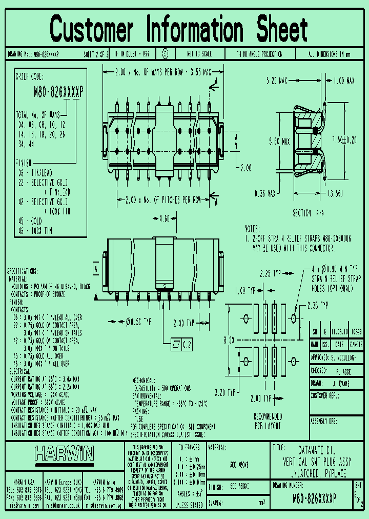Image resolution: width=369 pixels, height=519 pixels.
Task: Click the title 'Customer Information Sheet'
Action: click(x=179, y=29)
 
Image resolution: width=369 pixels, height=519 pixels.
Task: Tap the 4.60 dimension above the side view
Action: click(x=165, y=219)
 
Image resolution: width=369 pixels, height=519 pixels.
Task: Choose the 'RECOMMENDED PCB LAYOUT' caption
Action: click(x=268, y=421)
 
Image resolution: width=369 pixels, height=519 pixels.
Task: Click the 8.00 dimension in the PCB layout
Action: click(x=229, y=340)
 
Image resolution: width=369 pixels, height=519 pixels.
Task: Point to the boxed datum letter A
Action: click(x=96, y=268)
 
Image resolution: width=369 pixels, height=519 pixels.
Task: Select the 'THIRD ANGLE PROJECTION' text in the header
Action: click(x=259, y=54)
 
